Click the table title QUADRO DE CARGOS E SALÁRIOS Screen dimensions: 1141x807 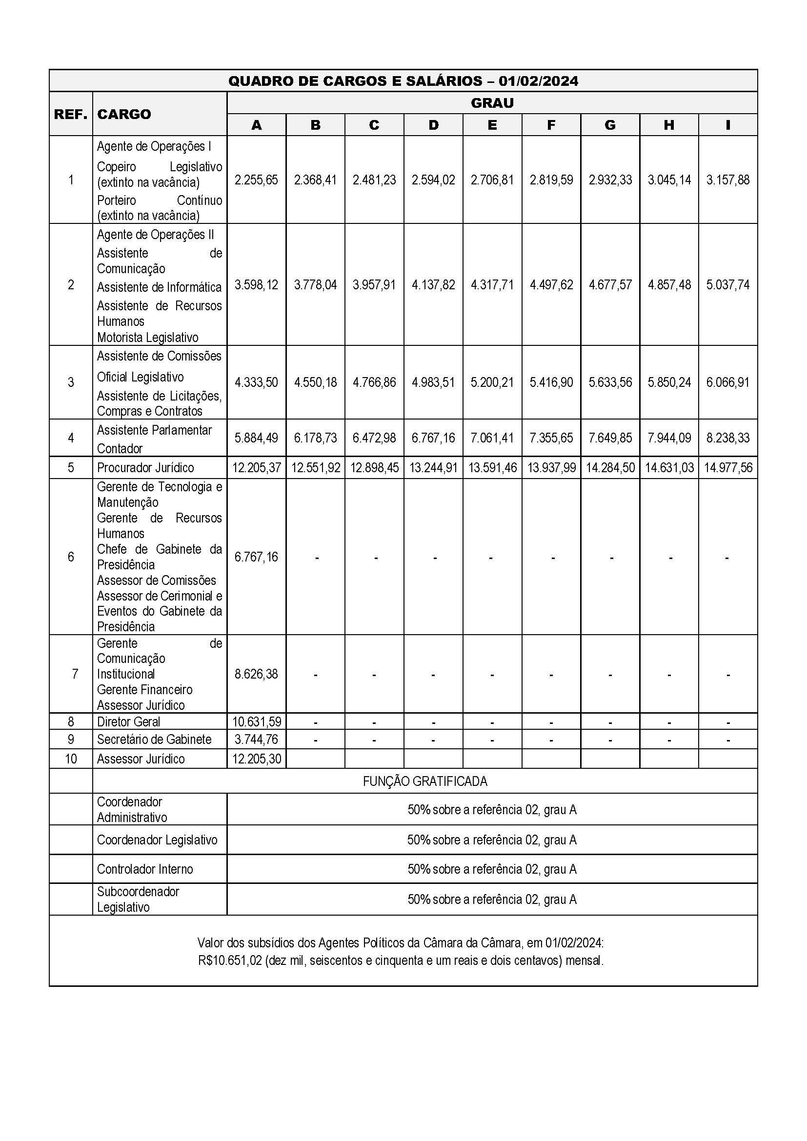click(x=403, y=80)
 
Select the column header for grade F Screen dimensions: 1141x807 click(x=550, y=125)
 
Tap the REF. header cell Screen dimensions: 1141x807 click(x=71, y=114)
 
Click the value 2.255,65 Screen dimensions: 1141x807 click(x=257, y=180)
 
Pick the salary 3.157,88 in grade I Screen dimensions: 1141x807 click(x=727, y=180)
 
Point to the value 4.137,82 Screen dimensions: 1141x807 click(x=433, y=285)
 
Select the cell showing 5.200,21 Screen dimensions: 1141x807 click(x=492, y=382)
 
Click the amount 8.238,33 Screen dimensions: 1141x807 click(x=727, y=438)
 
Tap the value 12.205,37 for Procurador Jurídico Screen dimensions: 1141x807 click(x=257, y=468)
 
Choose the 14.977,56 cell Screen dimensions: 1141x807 click(x=728, y=468)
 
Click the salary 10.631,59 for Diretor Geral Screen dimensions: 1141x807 click(x=257, y=721)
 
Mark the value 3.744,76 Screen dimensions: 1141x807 click(x=257, y=740)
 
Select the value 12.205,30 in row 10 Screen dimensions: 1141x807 click(x=257, y=759)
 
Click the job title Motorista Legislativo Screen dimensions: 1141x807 click(x=147, y=338)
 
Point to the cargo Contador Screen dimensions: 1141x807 click(x=120, y=449)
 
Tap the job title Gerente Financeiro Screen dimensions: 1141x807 click(x=144, y=689)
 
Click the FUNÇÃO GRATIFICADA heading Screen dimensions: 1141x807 click(x=425, y=781)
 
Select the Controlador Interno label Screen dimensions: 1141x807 click(x=144, y=869)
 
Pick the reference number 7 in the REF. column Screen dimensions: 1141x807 click(x=75, y=674)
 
